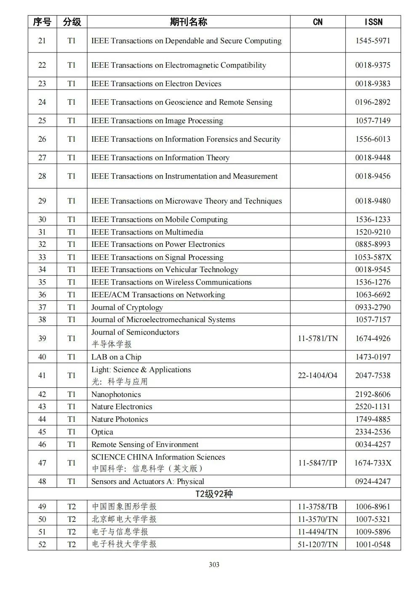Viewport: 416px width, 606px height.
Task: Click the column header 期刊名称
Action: click(188, 22)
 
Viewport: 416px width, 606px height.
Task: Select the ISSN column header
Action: click(373, 22)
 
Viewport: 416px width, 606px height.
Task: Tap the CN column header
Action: click(317, 22)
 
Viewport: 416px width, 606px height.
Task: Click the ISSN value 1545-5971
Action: click(373, 41)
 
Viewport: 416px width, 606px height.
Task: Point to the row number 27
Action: click(42, 158)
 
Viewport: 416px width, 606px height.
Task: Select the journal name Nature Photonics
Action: click(120, 419)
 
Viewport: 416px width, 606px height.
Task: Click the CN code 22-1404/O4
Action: click(317, 376)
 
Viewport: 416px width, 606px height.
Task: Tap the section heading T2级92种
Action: click(214, 494)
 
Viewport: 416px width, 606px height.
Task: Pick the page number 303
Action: click(214, 565)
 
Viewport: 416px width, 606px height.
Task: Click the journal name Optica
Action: click(102, 432)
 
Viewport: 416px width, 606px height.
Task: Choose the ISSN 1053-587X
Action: click(373, 257)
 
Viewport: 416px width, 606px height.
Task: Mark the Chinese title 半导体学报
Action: click(112, 344)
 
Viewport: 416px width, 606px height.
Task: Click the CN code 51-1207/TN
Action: click(317, 545)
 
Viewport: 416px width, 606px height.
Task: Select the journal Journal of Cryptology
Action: click(127, 307)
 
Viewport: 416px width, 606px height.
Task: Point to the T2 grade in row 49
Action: click(72, 507)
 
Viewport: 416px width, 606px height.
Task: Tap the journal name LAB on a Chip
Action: click(116, 357)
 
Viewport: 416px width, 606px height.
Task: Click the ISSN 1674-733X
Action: click(373, 463)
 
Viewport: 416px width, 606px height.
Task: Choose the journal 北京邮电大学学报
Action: click(124, 519)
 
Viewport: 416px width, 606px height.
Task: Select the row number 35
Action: click(42, 282)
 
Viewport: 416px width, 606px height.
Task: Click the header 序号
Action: click(42, 22)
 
